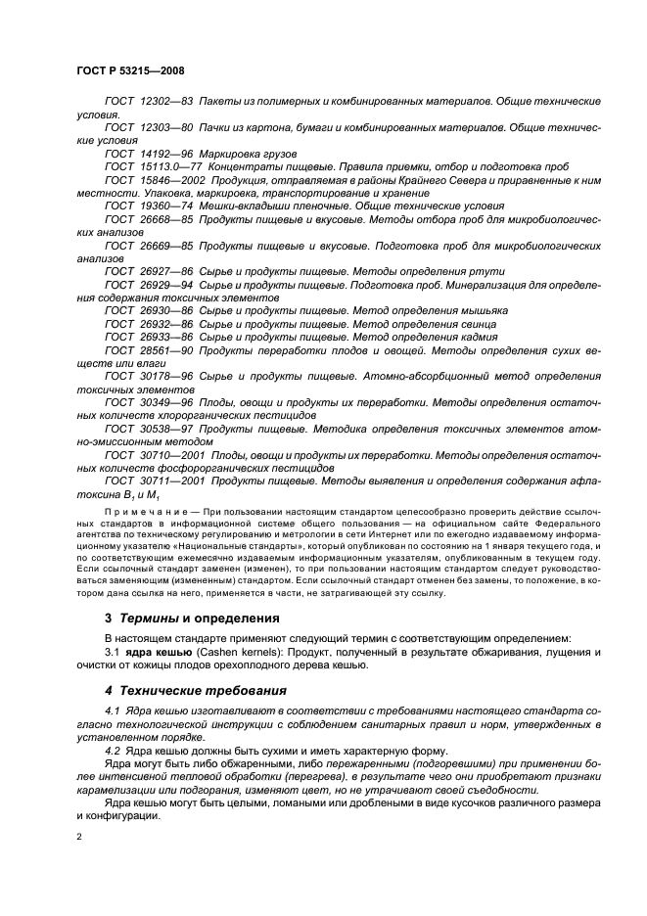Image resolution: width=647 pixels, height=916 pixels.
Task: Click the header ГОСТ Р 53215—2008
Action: click(x=130, y=71)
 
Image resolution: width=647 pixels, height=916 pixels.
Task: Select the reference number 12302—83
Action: click(x=165, y=102)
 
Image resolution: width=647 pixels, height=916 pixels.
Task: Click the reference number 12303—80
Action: click(x=165, y=127)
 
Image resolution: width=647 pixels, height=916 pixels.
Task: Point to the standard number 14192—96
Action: click(x=165, y=155)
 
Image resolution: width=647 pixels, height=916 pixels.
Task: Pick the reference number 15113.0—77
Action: click(x=168, y=167)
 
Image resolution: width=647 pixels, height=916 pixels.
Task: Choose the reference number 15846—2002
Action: click(x=170, y=180)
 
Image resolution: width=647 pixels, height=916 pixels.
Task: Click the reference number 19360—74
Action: click(x=165, y=206)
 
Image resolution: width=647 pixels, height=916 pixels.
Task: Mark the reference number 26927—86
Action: click(x=165, y=270)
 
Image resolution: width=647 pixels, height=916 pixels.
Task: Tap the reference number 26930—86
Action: click(x=165, y=309)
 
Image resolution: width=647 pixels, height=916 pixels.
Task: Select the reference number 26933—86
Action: click(x=165, y=336)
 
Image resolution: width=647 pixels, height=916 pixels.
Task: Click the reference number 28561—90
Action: click(x=165, y=348)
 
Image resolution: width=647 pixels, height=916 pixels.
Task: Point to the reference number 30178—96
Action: click(x=165, y=375)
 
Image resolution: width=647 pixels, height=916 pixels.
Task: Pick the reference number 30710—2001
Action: click(x=170, y=455)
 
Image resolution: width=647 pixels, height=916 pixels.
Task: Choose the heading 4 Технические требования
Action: click(x=195, y=691)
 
